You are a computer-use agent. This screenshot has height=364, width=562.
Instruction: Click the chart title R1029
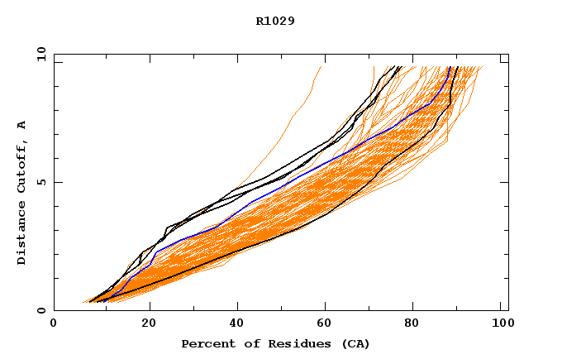tap(275, 21)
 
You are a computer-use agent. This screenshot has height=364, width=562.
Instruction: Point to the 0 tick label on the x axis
tap(54, 324)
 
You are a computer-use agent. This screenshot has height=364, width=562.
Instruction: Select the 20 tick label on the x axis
tap(144, 324)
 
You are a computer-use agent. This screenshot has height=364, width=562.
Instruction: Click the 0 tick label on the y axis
tap(40, 311)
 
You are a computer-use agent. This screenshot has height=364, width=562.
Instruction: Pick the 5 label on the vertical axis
tap(40, 182)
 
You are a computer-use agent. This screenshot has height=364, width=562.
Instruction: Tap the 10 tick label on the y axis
tap(38, 54)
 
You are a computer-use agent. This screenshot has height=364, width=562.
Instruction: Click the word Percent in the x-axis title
tap(205, 343)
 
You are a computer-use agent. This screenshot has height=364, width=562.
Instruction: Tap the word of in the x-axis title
tap(243, 343)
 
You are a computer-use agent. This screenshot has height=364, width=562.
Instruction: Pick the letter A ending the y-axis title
tap(22, 125)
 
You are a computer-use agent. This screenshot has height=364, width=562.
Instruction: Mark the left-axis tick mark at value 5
tap(57, 182)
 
